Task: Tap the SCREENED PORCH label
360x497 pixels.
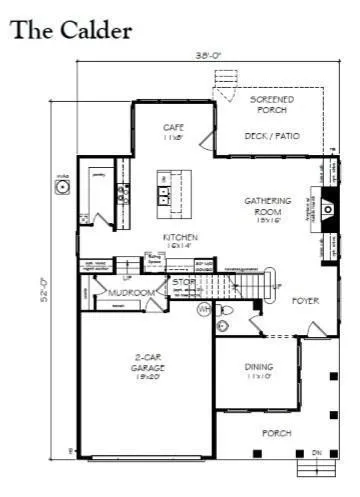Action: (x=271, y=105)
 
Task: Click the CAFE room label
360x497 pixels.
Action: (x=172, y=130)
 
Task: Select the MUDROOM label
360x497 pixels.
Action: (x=132, y=293)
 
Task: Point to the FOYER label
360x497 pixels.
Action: (x=305, y=300)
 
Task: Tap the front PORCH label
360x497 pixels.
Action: (x=276, y=433)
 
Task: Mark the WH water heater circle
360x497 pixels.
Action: (x=203, y=311)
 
